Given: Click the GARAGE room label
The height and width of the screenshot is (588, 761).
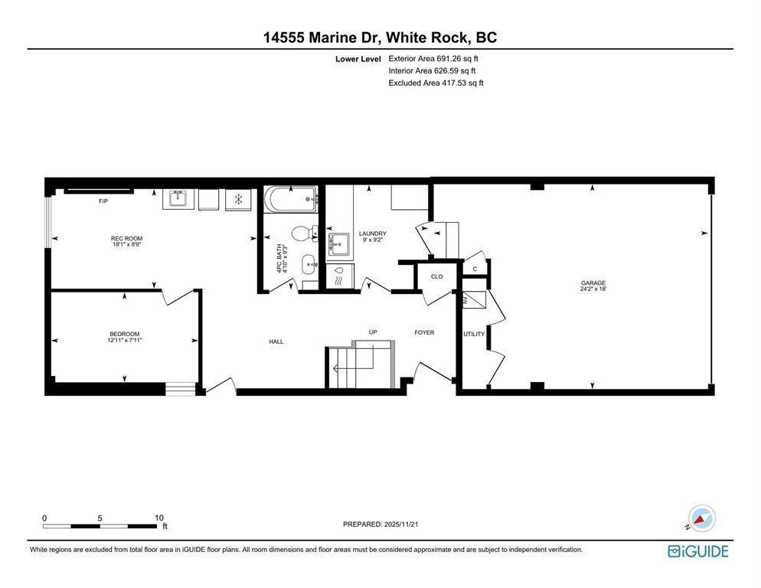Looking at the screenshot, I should click(x=593, y=283).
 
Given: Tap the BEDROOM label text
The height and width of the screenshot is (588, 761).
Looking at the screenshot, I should click(x=125, y=334).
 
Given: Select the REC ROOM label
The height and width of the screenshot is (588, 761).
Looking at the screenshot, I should click(x=126, y=239).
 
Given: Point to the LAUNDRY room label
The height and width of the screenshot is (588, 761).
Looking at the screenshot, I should click(x=373, y=234).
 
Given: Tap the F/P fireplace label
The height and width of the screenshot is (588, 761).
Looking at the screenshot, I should click(x=103, y=201).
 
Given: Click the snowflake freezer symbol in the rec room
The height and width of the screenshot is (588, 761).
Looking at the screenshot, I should click(x=238, y=200).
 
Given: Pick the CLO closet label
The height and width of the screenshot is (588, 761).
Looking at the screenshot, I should click(x=436, y=276).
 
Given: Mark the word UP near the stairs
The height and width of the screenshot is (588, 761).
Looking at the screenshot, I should click(x=373, y=332).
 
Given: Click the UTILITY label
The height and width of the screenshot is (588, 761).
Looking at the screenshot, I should click(x=474, y=334).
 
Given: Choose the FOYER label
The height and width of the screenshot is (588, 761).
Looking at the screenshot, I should click(x=424, y=332).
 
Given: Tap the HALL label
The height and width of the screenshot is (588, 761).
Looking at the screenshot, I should click(x=276, y=341).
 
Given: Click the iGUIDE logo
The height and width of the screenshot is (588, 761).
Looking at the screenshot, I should click(x=697, y=551).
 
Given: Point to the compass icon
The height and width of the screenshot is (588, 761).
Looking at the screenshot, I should click(x=701, y=518).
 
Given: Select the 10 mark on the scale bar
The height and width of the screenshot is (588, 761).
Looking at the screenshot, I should click(x=159, y=518).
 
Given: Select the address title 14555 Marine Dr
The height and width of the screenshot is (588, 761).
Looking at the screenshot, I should click(x=321, y=38).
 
